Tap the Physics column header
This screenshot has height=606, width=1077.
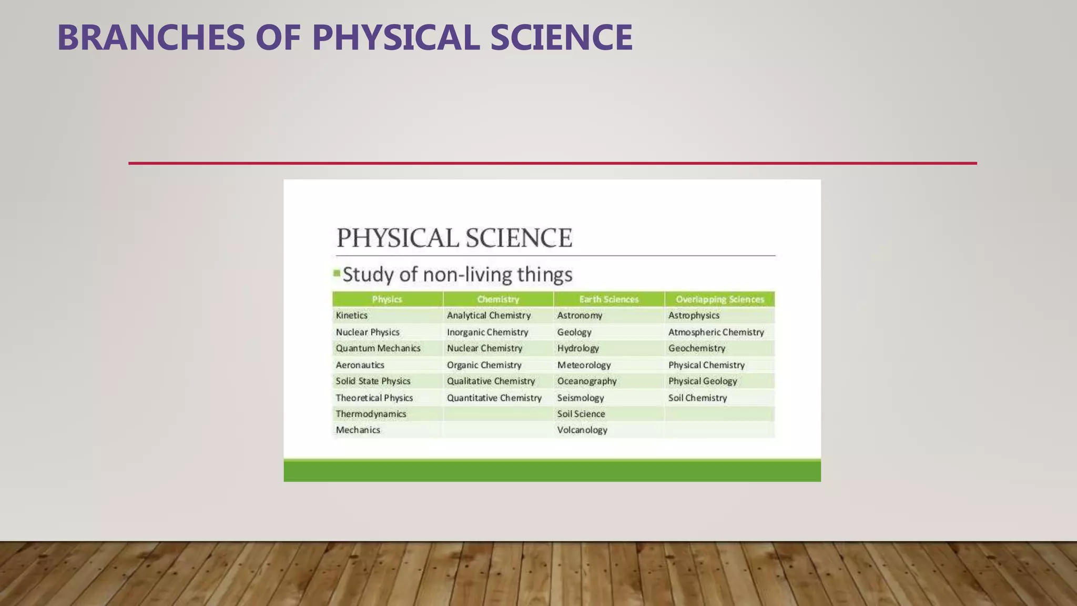coord(387,299)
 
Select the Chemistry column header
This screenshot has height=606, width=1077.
coord(498,299)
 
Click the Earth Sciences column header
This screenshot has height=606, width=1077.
coord(608,299)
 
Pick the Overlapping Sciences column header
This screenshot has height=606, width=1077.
coord(719,299)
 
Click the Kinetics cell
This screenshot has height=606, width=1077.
coord(352,316)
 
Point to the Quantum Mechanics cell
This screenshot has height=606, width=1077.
coord(378,348)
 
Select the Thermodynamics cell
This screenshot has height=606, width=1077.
coord(371,414)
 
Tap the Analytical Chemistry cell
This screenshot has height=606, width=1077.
coord(489,316)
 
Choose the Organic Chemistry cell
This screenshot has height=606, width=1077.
coord(484,365)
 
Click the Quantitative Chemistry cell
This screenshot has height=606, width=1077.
coord(494,398)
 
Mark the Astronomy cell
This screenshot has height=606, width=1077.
coord(580,316)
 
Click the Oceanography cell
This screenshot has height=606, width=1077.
coord(587,381)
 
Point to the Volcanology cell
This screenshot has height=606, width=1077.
coord(582,430)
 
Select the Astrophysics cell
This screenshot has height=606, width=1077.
coord(694,316)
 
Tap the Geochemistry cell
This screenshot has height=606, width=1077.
coord(697,348)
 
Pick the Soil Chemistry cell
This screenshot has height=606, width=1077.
coord(697,398)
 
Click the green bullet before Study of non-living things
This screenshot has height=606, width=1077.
coord(337,273)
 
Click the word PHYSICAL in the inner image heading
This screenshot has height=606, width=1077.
coord(398,238)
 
